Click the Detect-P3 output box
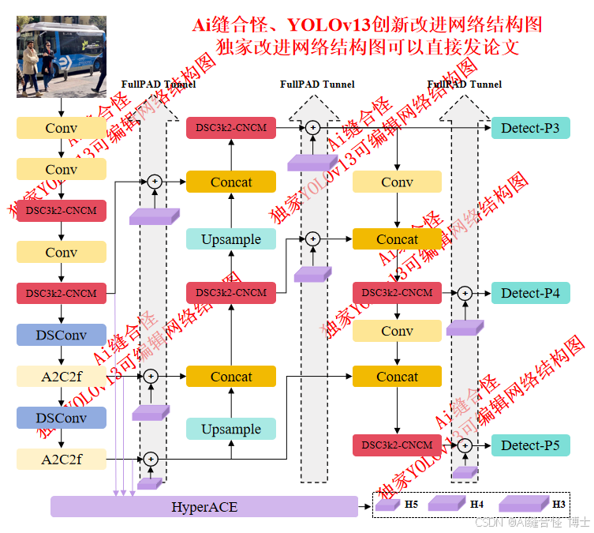tap(530, 128)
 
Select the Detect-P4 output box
tap(530, 293)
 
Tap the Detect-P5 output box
tap(530, 445)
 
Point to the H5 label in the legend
tap(412, 504)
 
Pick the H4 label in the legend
tap(476, 504)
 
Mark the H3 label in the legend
tap(559, 504)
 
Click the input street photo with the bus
tap(62, 57)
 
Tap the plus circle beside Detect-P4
tap(465, 293)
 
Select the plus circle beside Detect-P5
tap(465, 445)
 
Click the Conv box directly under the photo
tap(62, 128)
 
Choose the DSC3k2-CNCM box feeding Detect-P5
tap(397, 445)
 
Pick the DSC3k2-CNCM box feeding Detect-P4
tap(397, 293)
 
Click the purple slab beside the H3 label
tap(522, 504)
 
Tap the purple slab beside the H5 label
tap(388, 505)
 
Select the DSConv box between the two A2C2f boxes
tap(62, 418)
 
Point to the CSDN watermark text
tap(490, 522)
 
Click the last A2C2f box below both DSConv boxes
tap(62, 459)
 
